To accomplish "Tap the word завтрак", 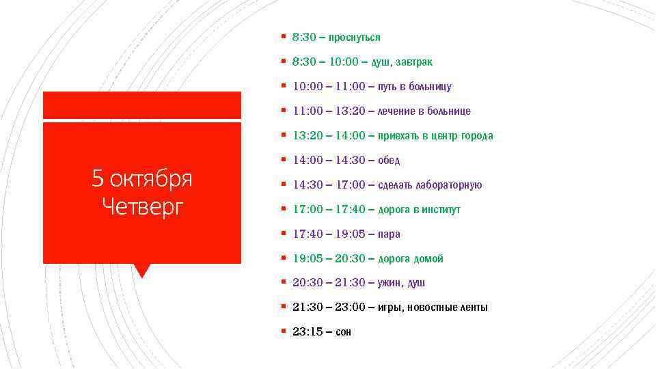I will click(413, 62).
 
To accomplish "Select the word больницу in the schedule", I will click(428, 87).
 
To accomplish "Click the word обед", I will click(389, 161).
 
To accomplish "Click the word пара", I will click(389, 234).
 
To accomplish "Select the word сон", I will click(344, 332).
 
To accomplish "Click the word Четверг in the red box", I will click(142, 205).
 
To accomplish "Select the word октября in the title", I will click(151, 179).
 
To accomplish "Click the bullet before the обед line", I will click(283, 160).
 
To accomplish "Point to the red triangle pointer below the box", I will click(142, 270).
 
